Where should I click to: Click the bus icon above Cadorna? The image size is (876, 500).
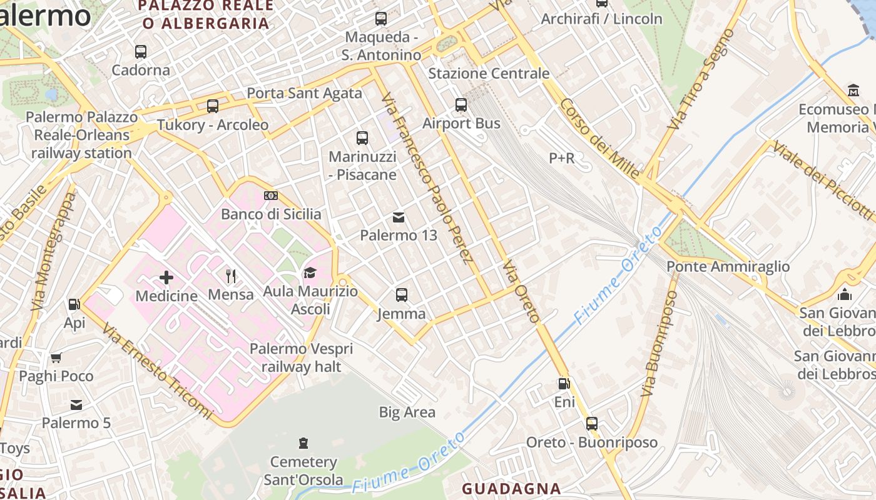click(141, 52)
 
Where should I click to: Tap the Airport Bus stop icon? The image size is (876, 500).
click(461, 105)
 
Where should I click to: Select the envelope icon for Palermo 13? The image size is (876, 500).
click(399, 217)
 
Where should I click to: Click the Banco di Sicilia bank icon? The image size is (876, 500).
click(271, 196)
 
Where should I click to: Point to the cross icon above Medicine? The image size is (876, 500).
click(166, 277)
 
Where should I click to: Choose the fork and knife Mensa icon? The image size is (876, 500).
click(231, 276)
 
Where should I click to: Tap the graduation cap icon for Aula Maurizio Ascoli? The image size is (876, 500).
click(310, 272)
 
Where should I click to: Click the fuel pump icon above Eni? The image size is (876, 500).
click(564, 384)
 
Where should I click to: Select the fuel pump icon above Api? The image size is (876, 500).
click(74, 304)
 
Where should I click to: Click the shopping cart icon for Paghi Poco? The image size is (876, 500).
click(56, 357)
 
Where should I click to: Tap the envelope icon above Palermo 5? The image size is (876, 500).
click(76, 405)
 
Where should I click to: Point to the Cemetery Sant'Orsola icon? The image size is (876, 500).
click(303, 443)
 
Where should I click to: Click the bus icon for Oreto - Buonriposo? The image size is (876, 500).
click(592, 424)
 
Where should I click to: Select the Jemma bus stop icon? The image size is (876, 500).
click(402, 295)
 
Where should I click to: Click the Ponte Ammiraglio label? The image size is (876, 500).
click(728, 267)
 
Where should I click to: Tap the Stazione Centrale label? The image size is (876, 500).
click(489, 73)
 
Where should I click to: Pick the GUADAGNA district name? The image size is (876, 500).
click(511, 489)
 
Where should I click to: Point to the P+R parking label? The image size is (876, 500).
click(561, 158)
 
